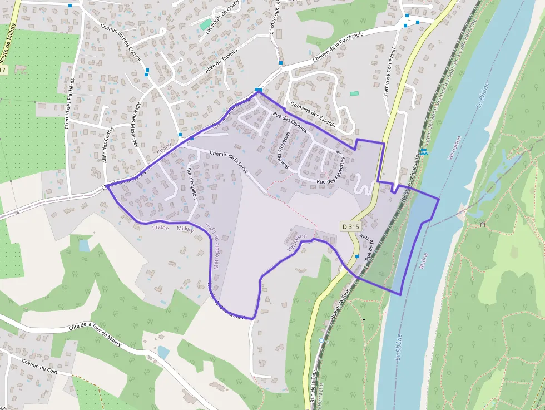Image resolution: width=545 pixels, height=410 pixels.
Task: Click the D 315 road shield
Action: pyautogui.click(x=351, y=226)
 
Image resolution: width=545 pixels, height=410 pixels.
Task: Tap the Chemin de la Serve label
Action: pyautogui.click(x=229, y=161)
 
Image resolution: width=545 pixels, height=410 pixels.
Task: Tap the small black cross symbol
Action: pyautogui.click(x=364, y=320)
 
